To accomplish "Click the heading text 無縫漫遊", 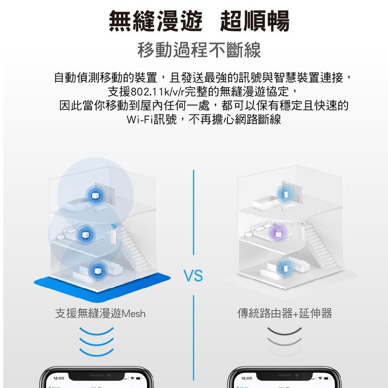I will tap(155, 21).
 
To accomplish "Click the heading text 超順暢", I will tap(254, 21).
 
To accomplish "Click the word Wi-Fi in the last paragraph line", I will tap(139, 119).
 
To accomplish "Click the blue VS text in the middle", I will tap(194, 276).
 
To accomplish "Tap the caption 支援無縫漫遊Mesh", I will tap(100, 314).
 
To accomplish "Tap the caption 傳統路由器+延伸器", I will tap(285, 314).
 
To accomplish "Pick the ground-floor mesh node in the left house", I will tap(97, 270).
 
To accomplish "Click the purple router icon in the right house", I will tap(277, 232).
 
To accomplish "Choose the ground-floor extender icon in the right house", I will tap(284, 268).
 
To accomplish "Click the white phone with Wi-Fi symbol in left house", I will tap(113, 235).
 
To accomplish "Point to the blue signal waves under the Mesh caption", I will tap(96, 341).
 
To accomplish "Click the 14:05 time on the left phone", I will tap(59, 378).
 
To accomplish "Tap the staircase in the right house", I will tap(319, 248).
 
